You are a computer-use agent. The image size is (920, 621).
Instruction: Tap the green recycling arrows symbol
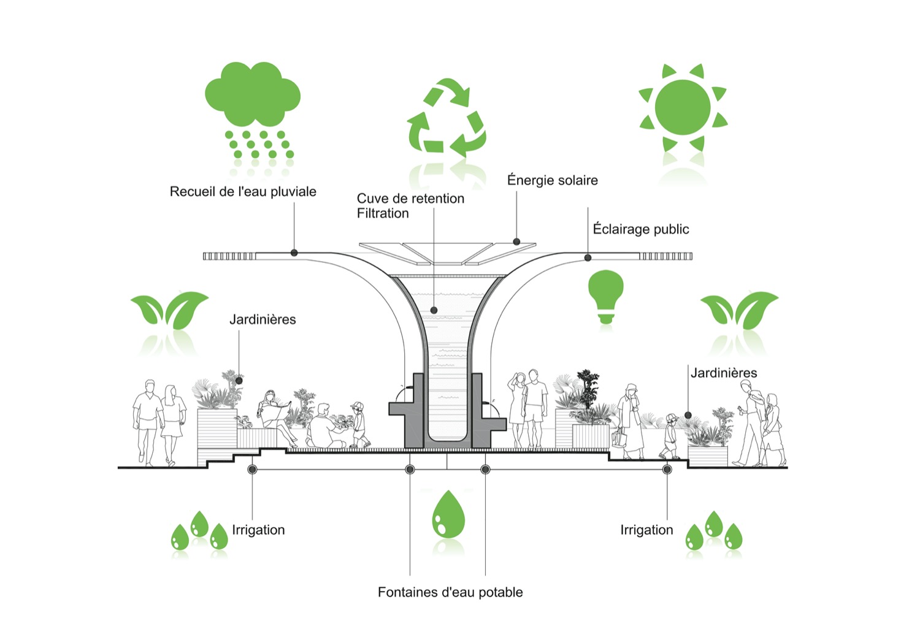(446, 116)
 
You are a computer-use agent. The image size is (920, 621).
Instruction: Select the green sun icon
(683, 108)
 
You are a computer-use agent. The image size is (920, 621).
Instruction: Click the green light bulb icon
(606, 295)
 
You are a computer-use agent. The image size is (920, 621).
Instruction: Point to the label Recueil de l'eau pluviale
(243, 192)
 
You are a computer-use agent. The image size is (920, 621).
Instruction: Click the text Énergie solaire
(552, 180)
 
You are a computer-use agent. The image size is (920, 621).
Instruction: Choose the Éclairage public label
(640, 229)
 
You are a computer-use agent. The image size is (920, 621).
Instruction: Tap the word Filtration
(383, 213)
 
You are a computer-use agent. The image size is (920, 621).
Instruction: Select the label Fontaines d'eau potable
(450, 592)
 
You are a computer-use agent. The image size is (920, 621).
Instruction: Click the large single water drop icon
(448, 515)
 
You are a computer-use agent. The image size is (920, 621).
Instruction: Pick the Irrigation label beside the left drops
(258, 530)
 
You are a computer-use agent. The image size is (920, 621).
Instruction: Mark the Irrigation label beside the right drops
(646, 530)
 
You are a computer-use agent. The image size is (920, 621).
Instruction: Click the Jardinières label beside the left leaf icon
(263, 319)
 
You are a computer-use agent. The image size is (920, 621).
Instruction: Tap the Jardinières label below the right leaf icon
(724, 373)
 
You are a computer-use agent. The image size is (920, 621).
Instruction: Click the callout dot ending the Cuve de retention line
(434, 311)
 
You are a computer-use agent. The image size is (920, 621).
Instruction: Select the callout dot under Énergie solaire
(516, 242)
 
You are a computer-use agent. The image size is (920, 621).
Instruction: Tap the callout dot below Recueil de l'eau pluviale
(294, 253)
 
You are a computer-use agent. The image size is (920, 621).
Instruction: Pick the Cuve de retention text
(410, 199)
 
